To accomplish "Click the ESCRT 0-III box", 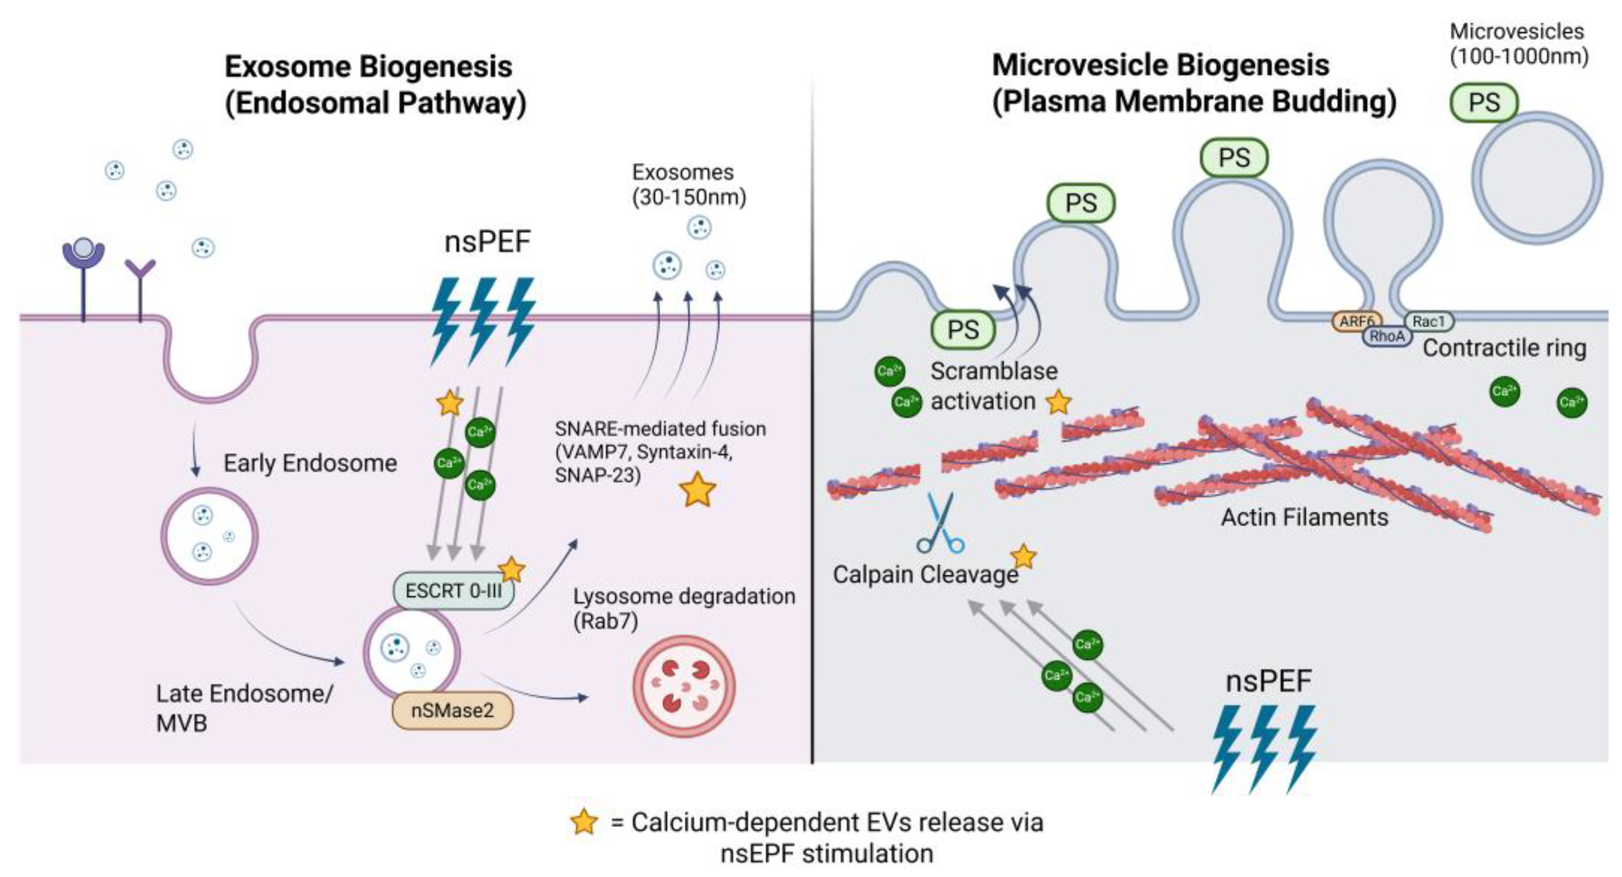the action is click(x=453, y=591).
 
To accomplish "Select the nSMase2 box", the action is click(x=452, y=711).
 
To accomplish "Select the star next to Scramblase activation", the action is click(x=1058, y=402).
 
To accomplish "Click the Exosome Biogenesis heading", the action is click(x=376, y=84).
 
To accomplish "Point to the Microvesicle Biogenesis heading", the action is click(x=1194, y=83).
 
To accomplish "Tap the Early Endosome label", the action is click(x=310, y=463).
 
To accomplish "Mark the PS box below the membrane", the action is click(x=963, y=329).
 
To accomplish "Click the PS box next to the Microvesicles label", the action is click(x=1484, y=102).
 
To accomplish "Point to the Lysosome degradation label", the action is click(x=684, y=608).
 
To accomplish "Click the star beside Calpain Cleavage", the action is click(x=1023, y=557).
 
